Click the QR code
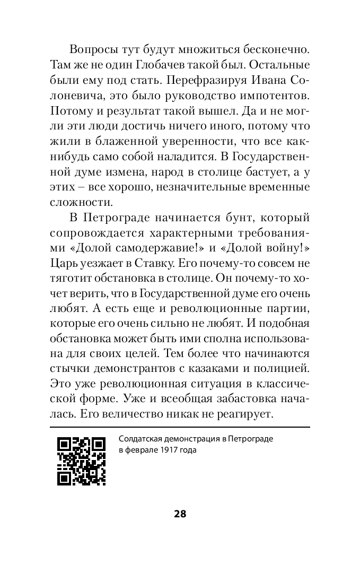tap(81, 462)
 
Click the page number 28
tap(180, 514)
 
